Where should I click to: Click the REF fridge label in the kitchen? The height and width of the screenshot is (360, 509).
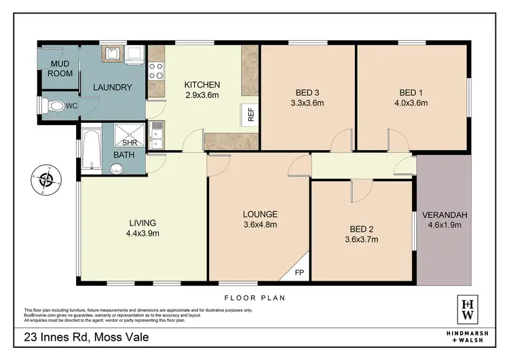pos(250,115)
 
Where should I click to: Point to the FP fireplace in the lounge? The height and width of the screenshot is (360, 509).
pos(300,273)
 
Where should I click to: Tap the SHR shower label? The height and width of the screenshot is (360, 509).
pos(130,143)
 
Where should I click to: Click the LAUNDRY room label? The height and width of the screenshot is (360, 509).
pos(112,87)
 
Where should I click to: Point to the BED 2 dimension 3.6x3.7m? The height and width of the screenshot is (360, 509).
pos(361,239)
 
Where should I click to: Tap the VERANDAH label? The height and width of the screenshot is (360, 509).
pos(445,215)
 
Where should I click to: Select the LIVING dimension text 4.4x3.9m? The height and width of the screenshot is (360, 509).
pos(143,233)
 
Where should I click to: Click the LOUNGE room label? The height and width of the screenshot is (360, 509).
pos(260,214)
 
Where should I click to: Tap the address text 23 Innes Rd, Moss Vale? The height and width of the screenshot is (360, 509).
pos(86,338)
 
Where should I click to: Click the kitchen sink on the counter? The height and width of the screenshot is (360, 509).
pos(157,134)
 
